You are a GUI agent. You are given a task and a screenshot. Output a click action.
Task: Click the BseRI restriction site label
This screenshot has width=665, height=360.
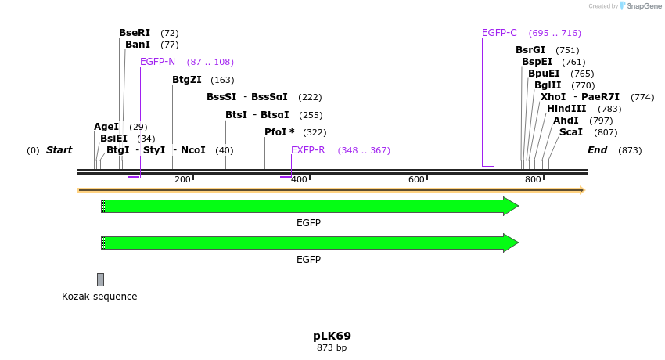click(135, 33)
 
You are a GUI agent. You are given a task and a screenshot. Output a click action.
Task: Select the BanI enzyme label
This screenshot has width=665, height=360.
click(138, 45)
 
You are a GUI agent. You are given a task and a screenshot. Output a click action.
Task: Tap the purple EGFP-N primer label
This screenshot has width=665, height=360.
click(157, 62)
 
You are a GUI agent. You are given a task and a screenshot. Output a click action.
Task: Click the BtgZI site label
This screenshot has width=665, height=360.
click(187, 80)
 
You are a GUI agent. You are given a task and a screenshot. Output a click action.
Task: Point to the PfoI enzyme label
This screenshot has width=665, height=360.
click(279, 132)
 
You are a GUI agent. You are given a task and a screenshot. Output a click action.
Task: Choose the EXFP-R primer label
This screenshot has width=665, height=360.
click(307, 150)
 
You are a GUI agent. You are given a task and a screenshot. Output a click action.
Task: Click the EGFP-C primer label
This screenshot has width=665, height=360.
click(499, 33)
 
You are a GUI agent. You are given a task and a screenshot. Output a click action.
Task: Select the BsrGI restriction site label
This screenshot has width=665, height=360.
click(530, 50)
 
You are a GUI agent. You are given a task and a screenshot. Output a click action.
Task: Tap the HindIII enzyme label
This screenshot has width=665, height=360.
click(566, 109)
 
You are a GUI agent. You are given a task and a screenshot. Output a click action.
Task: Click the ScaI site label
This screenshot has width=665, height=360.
click(571, 132)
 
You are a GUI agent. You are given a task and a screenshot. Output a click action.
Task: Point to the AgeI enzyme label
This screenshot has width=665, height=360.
click(106, 127)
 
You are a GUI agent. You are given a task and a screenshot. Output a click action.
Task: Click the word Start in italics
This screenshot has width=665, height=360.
click(59, 150)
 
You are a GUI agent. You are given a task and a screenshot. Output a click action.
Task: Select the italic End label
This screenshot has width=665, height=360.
click(597, 150)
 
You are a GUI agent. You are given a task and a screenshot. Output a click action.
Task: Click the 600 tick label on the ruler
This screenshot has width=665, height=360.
click(416, 179)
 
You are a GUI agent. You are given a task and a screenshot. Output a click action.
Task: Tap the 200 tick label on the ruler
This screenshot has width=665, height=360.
click(182, 179)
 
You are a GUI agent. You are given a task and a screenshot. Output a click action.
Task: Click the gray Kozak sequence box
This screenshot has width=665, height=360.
click(100, 279)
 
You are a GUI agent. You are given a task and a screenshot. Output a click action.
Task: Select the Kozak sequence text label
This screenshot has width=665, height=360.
click(99, 297)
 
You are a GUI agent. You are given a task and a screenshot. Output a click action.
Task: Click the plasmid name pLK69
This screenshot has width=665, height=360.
click(332, 336)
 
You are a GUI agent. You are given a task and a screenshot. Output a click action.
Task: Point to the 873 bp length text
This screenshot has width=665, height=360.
click(332, 347)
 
